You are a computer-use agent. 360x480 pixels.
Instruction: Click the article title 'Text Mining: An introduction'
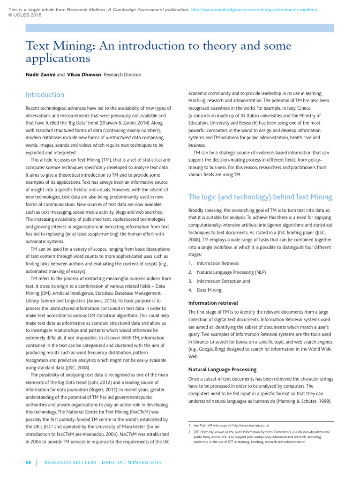click(158, 52)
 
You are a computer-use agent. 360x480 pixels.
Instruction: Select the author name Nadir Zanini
click(40, 75)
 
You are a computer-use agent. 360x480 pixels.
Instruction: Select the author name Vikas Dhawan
click(84, 75)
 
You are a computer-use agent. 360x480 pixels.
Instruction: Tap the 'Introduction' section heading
click(45, 95)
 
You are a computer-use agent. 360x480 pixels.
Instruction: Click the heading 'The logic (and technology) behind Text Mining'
click(260, 197)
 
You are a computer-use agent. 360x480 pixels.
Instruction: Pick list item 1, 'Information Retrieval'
click(217, 263)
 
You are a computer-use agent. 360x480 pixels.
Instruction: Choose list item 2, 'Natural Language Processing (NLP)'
click(231, 272)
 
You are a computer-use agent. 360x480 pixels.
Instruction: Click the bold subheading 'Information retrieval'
click(213, 303)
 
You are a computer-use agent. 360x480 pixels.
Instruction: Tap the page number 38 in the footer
click(28, 463)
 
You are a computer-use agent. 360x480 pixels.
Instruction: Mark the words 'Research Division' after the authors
click(122, 75)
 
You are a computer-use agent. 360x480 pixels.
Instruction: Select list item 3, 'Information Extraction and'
click(223, 281)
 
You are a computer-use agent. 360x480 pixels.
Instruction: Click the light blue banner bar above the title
click(180, 28)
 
